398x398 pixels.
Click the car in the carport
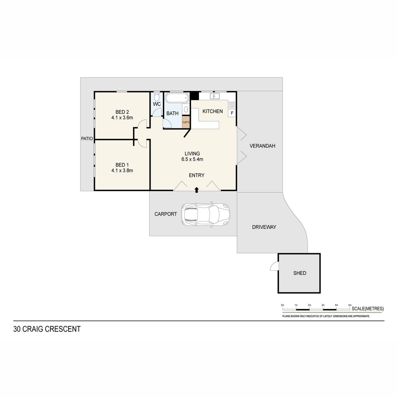pos(206,214)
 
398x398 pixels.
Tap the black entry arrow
pos(196,190)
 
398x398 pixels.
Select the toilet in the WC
pos(157,97)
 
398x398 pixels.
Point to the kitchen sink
pos(215,96)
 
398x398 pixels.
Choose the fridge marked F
pos(232,113)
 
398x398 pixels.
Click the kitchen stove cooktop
pos(232,105)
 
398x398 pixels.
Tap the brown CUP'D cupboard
pos(186,122)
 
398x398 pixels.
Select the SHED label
pos(300,273)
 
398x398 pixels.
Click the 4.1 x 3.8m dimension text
pos(122,171)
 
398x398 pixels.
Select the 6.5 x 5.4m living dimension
pos(192,160)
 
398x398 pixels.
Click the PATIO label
pos(87,139)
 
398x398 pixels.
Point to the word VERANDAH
pos(262,146)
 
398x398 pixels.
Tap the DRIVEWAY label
pos(264,227)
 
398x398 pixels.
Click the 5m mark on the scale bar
pos(350,305)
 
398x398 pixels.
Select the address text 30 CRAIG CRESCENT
pos(47,329)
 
